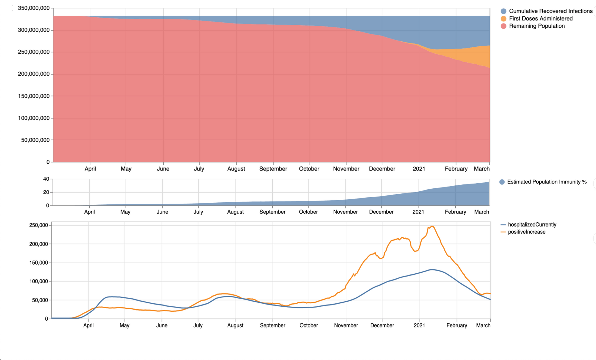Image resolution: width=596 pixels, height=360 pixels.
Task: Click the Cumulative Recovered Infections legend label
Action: point(551,11)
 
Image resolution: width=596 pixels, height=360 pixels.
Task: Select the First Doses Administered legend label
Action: point(541,18)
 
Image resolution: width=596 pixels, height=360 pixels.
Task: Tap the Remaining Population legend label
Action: point(537,26)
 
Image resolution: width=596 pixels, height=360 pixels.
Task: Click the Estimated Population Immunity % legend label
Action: point(547,182)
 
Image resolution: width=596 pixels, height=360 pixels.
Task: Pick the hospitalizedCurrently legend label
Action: point(532,225)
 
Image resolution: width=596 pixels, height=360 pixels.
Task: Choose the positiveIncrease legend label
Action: point(527,232)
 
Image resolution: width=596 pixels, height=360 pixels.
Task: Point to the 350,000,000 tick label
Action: point(34,8)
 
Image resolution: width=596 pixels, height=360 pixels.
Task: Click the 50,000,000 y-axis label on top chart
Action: point(35,140)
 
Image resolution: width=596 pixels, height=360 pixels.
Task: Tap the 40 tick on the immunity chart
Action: point(46,179)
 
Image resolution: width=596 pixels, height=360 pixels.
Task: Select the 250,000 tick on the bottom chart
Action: point(38,225)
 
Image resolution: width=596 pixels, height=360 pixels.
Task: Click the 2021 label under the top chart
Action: point(419,169)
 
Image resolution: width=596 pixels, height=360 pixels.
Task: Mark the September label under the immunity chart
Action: point(272,212)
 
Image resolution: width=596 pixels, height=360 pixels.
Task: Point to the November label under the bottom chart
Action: point(346,325)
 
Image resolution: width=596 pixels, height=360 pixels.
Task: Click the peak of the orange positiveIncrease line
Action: point(432,226)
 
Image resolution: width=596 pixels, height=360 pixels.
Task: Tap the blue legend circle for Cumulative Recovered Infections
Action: point(503,11)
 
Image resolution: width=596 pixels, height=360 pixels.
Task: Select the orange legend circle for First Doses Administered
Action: point(503,18)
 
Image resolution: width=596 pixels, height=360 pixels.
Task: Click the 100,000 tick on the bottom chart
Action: point(38,281)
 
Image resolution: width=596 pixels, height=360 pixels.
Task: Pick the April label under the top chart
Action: point(90,169)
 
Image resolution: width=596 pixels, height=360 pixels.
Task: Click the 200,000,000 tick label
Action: point(34,74)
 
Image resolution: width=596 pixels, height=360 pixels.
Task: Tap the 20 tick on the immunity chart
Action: point(46,192)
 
